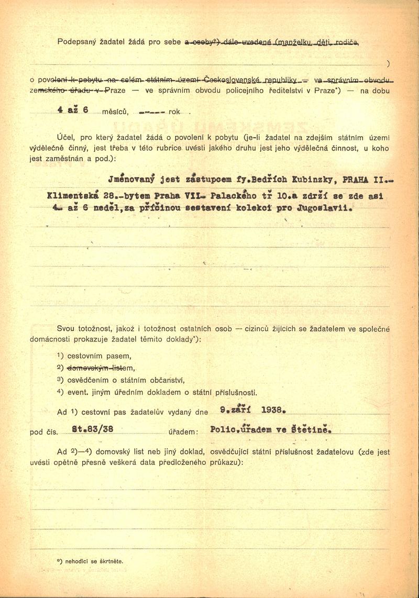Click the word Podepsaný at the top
tap(76, 41)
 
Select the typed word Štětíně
tap(316, 429)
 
